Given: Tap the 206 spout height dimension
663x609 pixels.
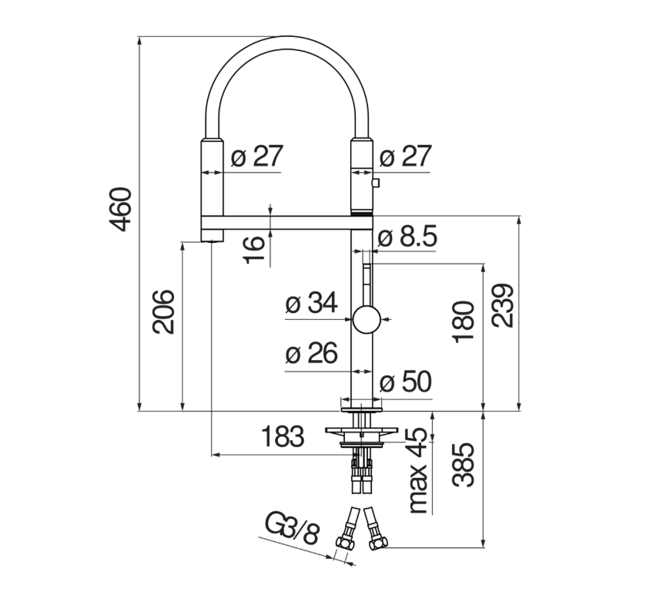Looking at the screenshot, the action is pyautogui.click(x=164, y=311).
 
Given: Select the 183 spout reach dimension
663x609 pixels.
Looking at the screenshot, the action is pyautogui.click(x=283, y=436).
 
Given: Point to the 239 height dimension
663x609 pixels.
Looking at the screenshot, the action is pyautogui.click(x=502, y=305).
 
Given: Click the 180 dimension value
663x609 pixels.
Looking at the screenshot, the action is pyautogui.click(x=464, y=321).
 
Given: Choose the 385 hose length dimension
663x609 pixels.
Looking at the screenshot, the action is pyautogui.click(x=464, y=465).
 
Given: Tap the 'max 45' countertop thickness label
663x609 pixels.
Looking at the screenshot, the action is pyautogui.click(x=418, y=470).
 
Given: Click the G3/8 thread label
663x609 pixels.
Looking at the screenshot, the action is pyautogui.click(x=291, y=528).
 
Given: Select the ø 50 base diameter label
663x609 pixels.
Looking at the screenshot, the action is pyautogui.click(x=406, y=382).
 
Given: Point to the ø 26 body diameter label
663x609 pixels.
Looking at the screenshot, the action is pyautogui.click(x=312, y=353).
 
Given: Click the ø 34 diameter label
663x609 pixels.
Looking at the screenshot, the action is pyautogui.click(x=312, y=302).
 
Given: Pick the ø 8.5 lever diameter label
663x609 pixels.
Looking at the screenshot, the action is pyautogui.click(x=407, y=237).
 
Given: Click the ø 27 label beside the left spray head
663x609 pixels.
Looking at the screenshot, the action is pyautogui.click(x=257, y=156).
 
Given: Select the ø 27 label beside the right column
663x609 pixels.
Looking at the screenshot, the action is pyautogui.click(x=405, y=156).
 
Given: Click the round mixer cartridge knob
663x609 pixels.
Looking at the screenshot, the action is pyautogui.click(x=367, y=319).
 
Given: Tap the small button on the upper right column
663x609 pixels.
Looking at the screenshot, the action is pyautogui.click(x=376, y=183).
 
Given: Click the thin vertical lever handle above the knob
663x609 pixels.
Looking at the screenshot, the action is pyautogui.click(x=367, y=284).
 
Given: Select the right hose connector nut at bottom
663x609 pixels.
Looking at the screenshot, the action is pyautogui.click(x=377, y=543).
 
